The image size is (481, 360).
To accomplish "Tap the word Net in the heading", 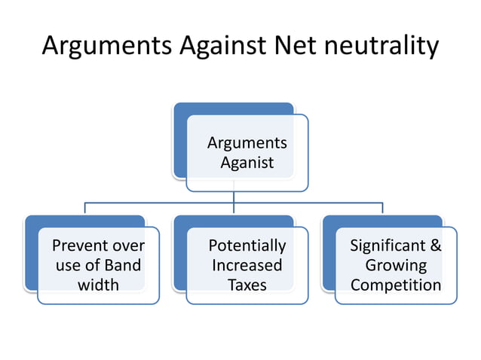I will (291, 46).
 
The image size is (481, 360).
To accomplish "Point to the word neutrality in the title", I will (379, 46).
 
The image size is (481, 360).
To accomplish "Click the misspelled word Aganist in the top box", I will (247, 162).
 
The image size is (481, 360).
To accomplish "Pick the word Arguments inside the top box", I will (247, 143).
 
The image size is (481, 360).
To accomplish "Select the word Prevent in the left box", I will (76, 246).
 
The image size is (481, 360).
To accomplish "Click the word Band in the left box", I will (122, 265).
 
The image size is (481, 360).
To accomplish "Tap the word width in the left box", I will (98, 285).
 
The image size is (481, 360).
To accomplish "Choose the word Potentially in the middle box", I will (247, 246).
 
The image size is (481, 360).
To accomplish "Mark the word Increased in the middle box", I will (247, 265).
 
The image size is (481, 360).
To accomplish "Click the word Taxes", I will (247, 285).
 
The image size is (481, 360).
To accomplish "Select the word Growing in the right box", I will (396, 265).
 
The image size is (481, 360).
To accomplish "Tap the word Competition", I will (396, 285).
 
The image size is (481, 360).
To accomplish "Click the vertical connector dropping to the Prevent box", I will (84, 209).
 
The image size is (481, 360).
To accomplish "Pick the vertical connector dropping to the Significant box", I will (382, 209).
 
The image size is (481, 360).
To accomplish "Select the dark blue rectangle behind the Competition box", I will (329, 256).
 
